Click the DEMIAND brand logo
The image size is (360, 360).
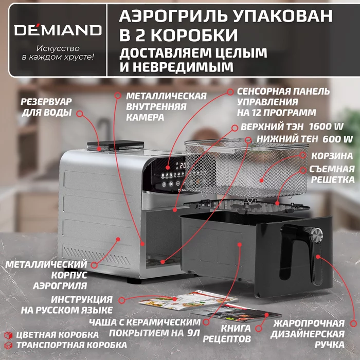[57, 29]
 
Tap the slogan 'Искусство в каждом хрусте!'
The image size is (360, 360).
[57, 53]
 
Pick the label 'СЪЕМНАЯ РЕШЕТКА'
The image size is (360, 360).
[332, 174]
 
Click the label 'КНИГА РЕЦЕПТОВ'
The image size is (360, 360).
[236, 333]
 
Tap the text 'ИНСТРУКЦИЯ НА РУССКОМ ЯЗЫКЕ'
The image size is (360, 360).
[67, 304]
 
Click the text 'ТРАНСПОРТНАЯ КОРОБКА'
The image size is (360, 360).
[62, 346]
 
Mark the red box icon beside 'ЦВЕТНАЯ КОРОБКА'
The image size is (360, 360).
[7, 335]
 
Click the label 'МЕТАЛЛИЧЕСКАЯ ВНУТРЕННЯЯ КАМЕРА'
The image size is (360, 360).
[166, 106]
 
